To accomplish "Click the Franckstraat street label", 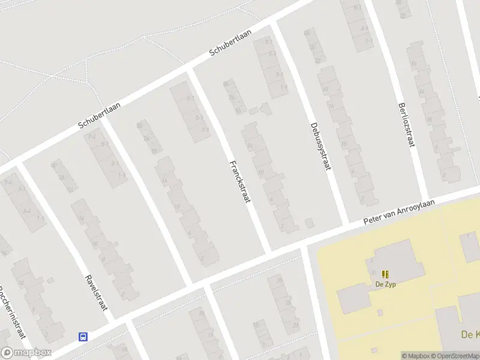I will coord(238,183).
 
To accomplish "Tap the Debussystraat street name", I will coord(321,146).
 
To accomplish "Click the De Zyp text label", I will coord(385,284).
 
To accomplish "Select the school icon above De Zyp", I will coord(385,274).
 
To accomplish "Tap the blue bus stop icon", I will coord(83,337).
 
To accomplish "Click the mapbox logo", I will coord(26,353).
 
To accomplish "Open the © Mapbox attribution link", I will coord(416,356).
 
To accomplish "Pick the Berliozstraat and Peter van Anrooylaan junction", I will coord(428,200).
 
